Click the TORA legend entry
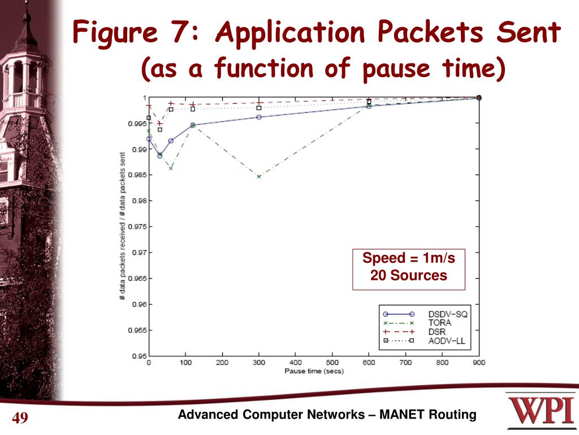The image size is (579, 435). coord(439,322)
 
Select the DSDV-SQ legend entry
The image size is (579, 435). coord(447,314)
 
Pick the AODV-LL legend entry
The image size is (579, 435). coord(447,340)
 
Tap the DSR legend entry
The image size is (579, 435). coord(437,331)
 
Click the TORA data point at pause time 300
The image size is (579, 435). coord(259,177)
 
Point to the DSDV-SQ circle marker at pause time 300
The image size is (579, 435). coord(259,117)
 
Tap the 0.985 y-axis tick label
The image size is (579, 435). coord(137,175)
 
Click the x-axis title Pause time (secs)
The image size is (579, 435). coord(314,372)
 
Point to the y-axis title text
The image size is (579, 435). coord(122,227)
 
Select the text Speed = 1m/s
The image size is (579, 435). coord(408,259)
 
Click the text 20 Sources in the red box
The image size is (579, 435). coord(408,276)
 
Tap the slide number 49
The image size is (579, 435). coord(20,419)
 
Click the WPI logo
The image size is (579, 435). coord(542,412)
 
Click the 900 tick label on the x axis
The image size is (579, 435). coord(479,363)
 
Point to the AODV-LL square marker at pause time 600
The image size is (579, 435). coord(369,101)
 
